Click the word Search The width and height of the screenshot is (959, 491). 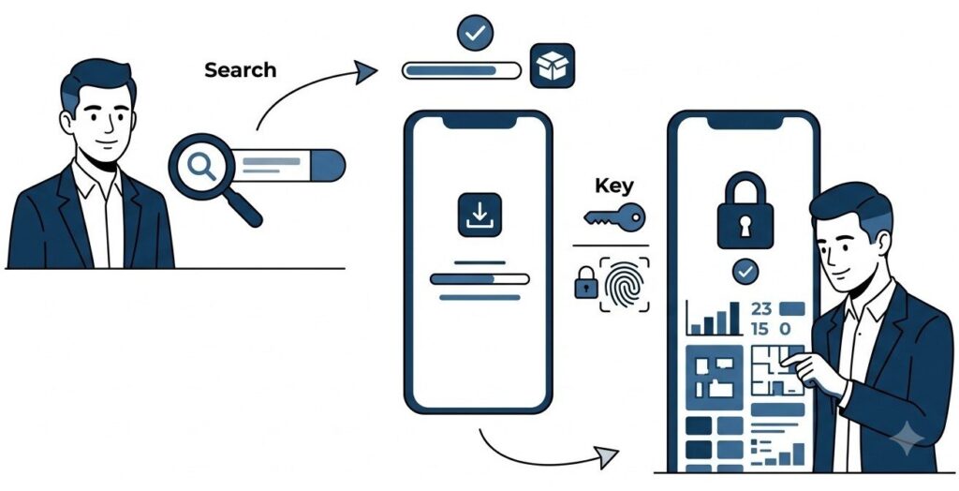[241, 70]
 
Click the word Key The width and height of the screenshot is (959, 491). [614, 186]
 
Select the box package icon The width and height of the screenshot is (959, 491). [553, 66]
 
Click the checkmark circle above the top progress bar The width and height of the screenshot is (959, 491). [475, 33]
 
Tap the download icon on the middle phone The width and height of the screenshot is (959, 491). [479, 215]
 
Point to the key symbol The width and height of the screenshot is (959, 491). [614, 216]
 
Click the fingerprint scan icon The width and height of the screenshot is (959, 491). [624, 285]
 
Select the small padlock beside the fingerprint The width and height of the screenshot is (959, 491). [586, 282]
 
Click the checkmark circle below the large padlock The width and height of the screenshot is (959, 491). [745, 272]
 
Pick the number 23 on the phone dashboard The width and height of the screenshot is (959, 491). [761, 308]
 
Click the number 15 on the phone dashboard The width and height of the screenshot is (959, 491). [760, 329]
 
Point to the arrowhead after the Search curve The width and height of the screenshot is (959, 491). [366, 72]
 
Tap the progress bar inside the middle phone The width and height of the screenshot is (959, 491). [479, 279]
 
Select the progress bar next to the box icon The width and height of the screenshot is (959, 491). [461, 70]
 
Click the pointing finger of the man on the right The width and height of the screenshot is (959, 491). [791, 360]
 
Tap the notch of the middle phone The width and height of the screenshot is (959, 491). [479, 121]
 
